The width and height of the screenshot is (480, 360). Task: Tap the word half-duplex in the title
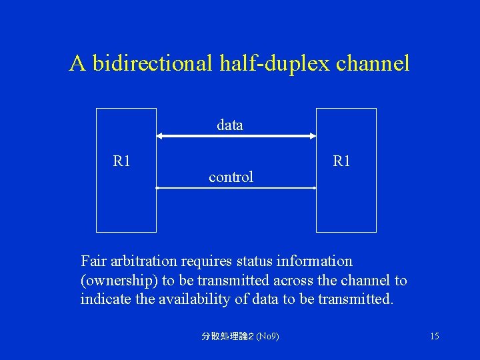pos(274,63)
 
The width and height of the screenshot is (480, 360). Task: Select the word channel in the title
pos(373,63)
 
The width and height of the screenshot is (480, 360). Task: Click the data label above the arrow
pos(230,125)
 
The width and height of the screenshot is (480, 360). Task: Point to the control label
pos(231,177)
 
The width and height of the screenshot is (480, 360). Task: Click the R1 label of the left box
pos(122,161)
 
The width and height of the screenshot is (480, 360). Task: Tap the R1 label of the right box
pos(341,161)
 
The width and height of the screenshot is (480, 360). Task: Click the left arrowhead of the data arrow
pos(160,136)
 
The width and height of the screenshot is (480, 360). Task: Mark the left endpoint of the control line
pos(157,189)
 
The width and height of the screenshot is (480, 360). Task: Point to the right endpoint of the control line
pos(315,189)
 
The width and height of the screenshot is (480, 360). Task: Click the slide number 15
pos(434,336)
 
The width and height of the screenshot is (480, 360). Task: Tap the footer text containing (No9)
pos(240,336)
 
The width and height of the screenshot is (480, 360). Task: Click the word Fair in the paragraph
pos(93,261)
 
